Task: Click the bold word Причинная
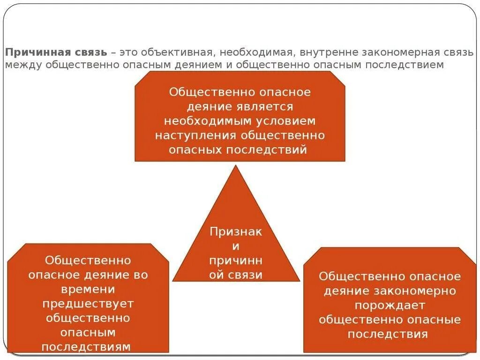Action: (x=31, y=52)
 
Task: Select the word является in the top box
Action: (x=270, y=106)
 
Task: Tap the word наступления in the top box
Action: (x=196, y=135)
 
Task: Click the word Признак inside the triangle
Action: (x=236, y=232)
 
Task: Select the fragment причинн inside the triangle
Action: (x=236, y=261)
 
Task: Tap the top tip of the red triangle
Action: (x=236, y=166)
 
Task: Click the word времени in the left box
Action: (x=88, y=289)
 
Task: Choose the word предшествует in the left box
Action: (x=88, y=304)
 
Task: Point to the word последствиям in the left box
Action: (x=86, y=347)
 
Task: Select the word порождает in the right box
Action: (x=390, y=306)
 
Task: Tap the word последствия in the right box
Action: (x=388, y=334)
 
